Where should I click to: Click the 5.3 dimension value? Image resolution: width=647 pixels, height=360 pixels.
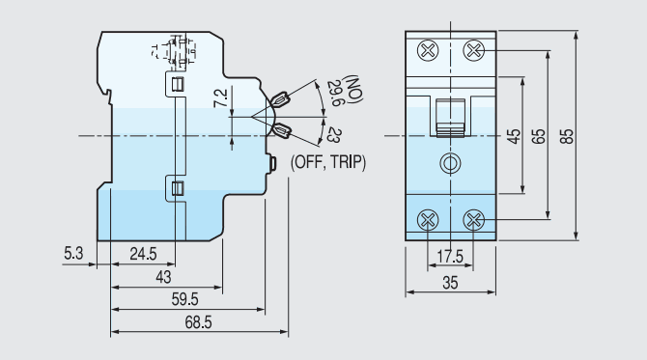click(x=74, y=254)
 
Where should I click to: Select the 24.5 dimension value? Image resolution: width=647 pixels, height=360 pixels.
click(x=143, y=255)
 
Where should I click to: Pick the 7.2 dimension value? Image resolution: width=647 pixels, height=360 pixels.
click(x=220, y=97)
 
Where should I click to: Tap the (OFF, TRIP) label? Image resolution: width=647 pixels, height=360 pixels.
click(x=328, y=163)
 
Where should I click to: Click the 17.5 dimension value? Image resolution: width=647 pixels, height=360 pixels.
click(x=450, y=256)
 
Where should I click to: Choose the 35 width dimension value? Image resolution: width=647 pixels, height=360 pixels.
click(x=451, y=283)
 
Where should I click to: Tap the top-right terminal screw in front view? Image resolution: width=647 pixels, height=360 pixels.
click(x=473, y=50)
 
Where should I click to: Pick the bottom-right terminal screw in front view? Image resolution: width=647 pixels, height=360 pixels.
click(x=473, y=220)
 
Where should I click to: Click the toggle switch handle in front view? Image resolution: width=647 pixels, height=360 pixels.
click(x=450, y=116)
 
